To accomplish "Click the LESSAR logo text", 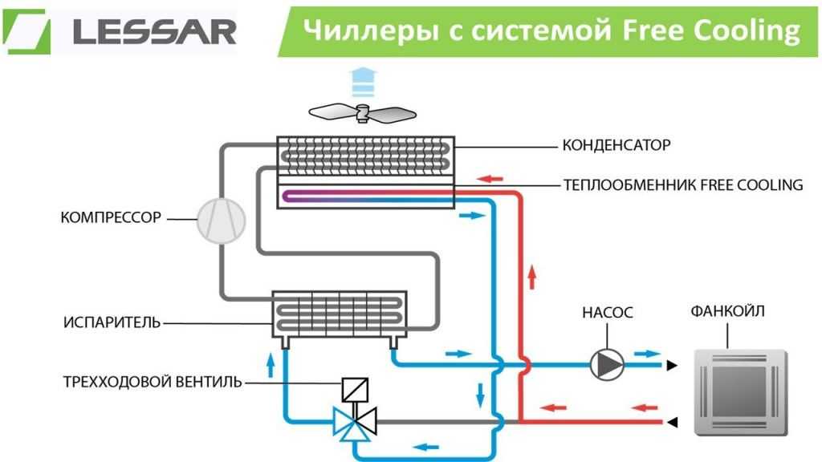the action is tap(155, 32).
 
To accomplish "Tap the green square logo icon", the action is tap(27, 31).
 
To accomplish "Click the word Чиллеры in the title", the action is tap(371, 30).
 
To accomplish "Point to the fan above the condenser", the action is tap(362, 112).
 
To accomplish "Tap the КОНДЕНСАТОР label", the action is tap(616, 145).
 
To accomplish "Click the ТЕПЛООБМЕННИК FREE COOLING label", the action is tap(683, 185).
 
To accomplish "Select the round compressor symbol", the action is tap(222, 220).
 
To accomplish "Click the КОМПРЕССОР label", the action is tap(111, 217).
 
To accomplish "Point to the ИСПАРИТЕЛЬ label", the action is tap(112, 322).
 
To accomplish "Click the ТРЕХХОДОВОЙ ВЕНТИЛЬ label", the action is tap(153, 382).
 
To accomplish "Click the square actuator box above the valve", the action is tap(355, 390).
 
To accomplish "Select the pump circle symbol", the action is tap(607, 364).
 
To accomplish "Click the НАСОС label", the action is tap(607, 313).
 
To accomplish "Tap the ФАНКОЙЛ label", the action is tap(727, 311).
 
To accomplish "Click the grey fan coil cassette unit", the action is tap(741, 392).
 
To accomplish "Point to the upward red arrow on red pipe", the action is tap(532, 277).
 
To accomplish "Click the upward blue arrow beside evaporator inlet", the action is tap(271, 365).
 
